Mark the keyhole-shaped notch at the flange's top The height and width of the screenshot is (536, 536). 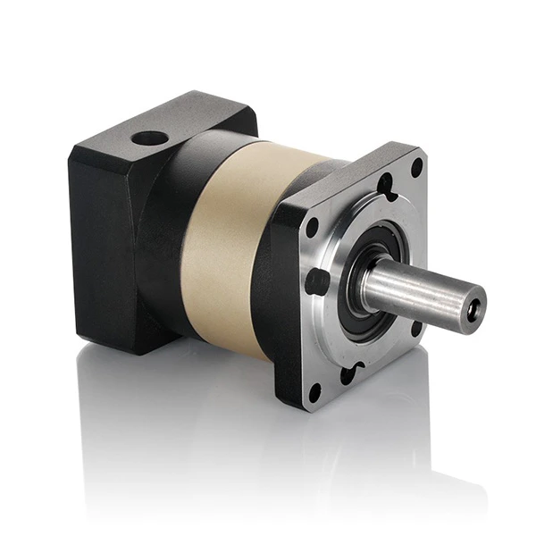click(384, 187)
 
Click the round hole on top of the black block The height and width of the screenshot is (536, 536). click(151, 139)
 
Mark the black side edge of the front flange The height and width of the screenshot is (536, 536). click(284, 304)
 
